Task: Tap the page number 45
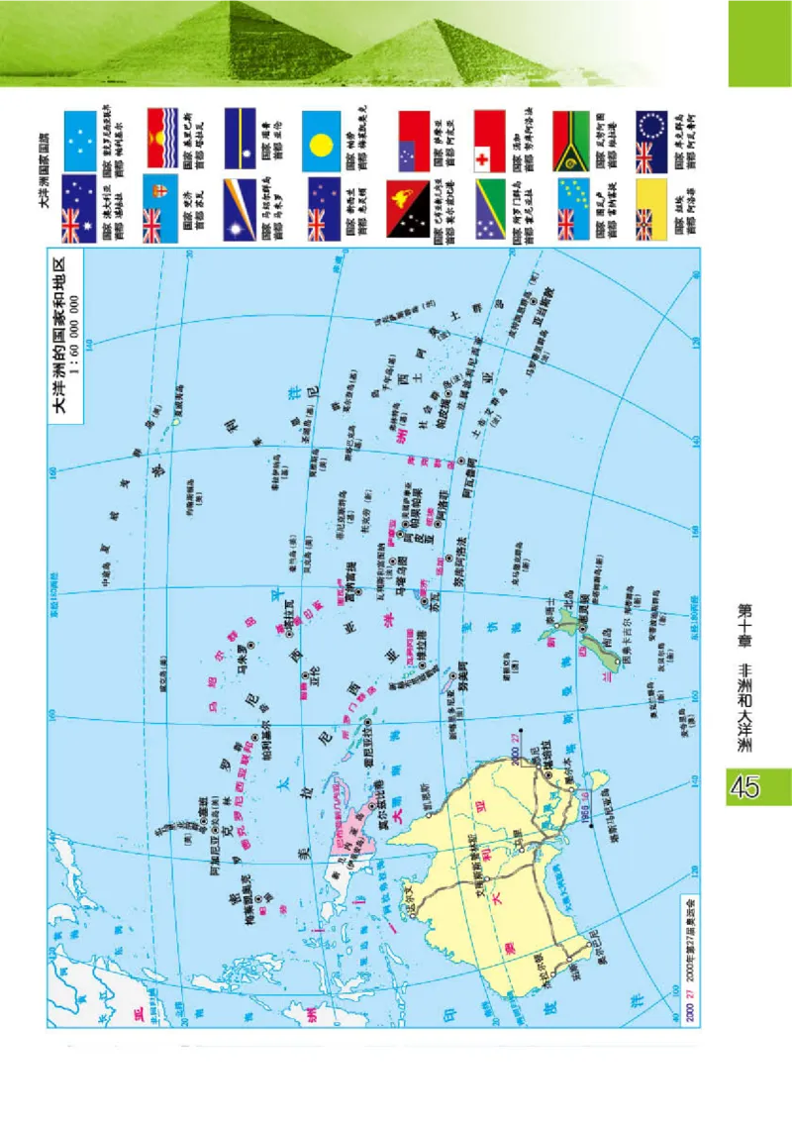(x=744, y=787)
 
